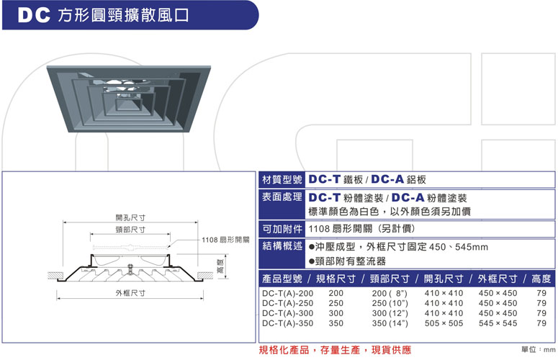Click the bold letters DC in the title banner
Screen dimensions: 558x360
(34, 15)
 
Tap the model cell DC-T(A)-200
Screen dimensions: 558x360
(287, 294)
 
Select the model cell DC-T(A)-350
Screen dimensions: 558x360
(287, 323)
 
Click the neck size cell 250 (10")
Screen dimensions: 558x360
(390, 303)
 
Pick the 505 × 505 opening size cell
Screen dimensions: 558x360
(444, 323)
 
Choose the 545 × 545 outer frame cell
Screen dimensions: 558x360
(498, 323)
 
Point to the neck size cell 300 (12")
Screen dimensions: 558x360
(390, 313)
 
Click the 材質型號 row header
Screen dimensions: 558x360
(282, 180)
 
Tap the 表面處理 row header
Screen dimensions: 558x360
(282, 197)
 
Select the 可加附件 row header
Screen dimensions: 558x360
(282, 229)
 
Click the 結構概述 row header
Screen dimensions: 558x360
(282, 246)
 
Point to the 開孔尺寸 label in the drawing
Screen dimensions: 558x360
(130, 217)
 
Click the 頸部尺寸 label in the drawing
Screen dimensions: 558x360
(130, 230)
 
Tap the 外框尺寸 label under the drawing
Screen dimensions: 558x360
(130, 293)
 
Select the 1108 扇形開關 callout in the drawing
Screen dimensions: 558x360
(225, 240)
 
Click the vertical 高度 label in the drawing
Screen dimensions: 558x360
(220, 267)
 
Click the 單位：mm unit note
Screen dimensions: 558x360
(539, 350)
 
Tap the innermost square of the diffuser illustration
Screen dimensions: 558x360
(128, 104)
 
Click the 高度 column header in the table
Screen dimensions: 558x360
(541, 279)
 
